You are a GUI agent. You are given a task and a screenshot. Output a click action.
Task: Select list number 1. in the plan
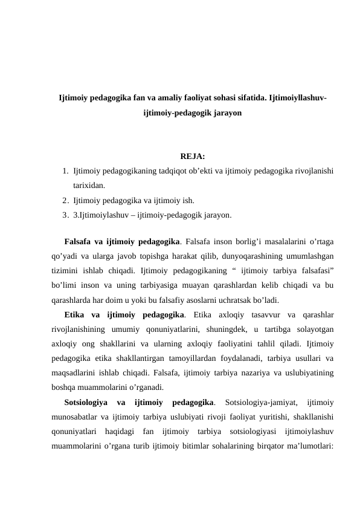coord(65,173)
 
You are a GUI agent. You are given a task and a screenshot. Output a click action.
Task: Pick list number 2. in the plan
coord(65,201)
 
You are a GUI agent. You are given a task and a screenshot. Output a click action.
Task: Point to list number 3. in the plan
coord(65,215)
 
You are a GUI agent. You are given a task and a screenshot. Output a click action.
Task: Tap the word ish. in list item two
coord(187,201)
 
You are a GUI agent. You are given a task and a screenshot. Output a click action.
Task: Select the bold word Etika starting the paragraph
coord(74,315)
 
